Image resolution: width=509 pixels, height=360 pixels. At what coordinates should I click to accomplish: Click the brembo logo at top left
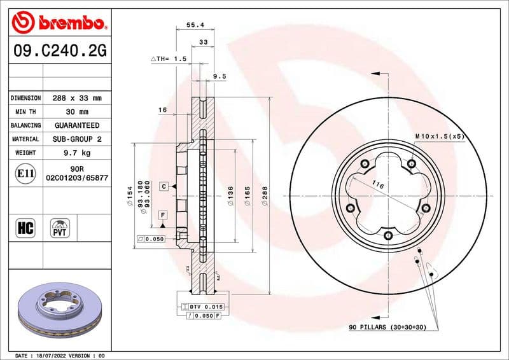tap(58, 24)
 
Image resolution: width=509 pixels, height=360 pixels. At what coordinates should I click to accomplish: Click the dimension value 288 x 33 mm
tap(77, 99)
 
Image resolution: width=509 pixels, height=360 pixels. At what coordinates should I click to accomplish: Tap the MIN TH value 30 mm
tap(77, 112)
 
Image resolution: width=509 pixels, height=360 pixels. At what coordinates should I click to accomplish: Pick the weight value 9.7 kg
tap(77, 153)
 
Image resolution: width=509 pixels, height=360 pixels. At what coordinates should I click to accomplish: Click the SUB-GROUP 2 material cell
tap(77, 139)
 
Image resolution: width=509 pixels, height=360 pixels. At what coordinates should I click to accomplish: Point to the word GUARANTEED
tap(77, 125)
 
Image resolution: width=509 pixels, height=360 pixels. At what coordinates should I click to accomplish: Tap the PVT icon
tap(60, 228)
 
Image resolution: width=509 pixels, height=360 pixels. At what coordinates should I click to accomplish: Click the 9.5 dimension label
tap(220, 76)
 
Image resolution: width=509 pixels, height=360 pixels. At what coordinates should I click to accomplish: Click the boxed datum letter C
tap(164, 186)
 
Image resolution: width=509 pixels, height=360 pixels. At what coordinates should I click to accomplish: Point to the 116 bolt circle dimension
tap(378, 185)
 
